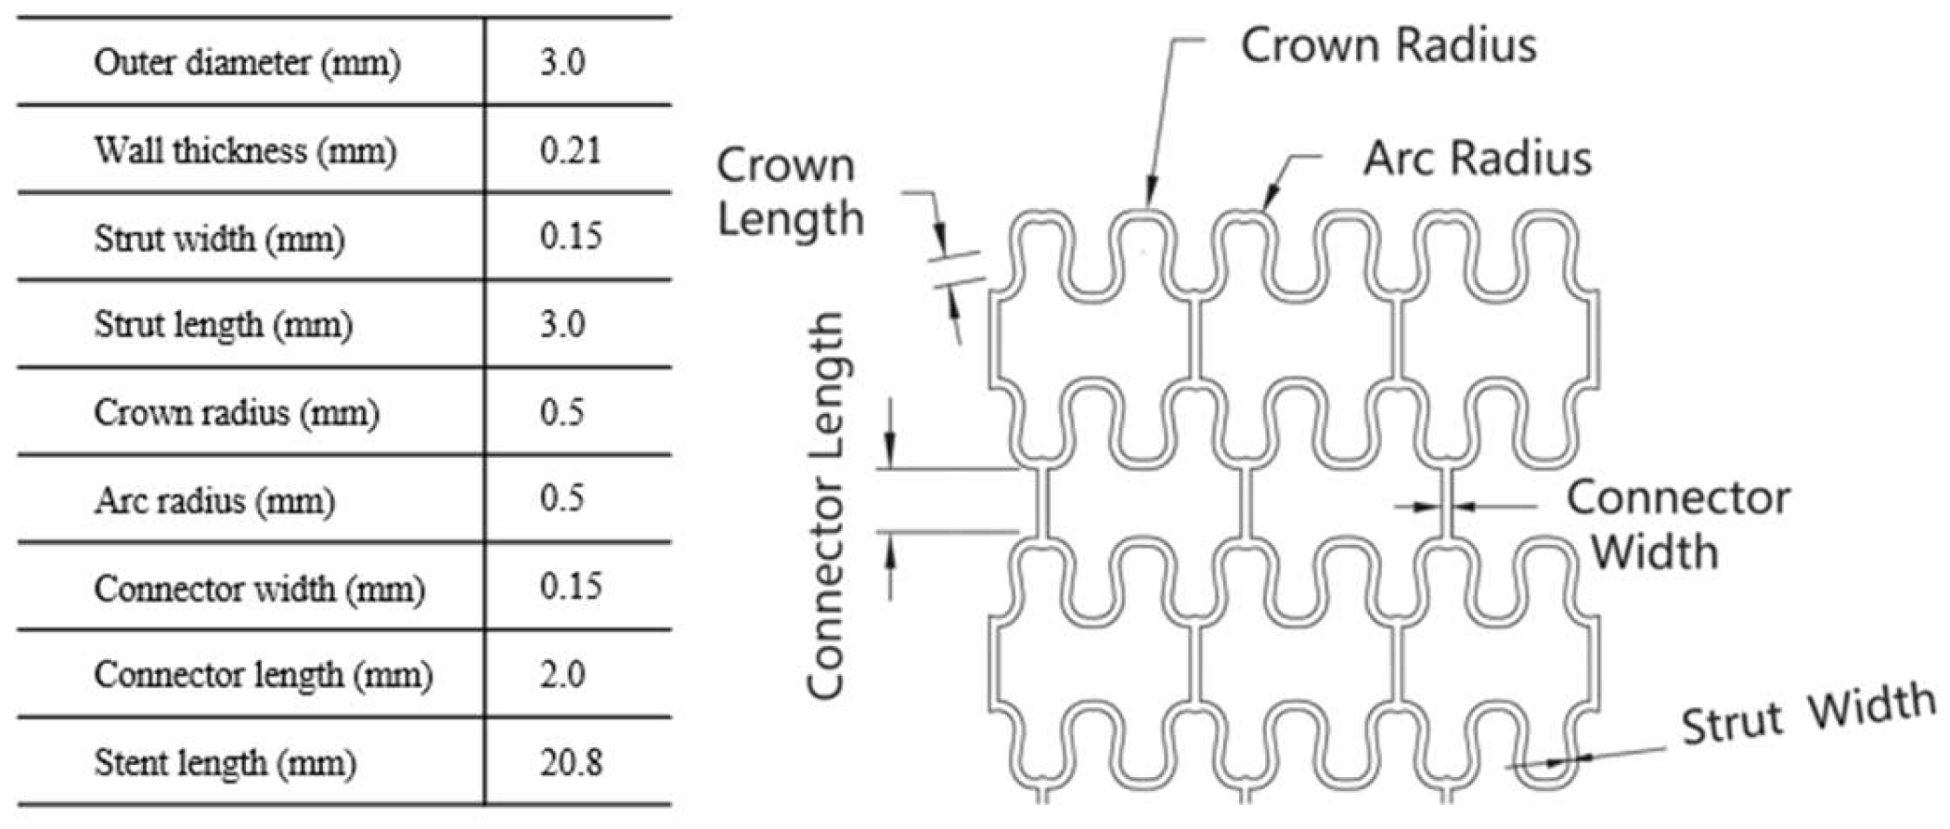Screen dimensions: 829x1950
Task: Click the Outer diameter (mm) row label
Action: [247, 62]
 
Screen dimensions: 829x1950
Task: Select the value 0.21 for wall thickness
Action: [570, 149]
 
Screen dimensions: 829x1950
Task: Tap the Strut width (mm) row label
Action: [219, 238]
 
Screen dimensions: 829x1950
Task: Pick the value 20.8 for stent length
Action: [570, 762]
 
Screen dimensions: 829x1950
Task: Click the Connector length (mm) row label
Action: [263, 675]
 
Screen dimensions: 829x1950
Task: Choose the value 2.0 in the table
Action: [562, 675]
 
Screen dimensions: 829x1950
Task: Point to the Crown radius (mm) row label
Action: [237, 412]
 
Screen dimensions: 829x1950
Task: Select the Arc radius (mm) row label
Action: [213, 500]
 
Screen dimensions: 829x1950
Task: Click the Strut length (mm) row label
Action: [223, 325]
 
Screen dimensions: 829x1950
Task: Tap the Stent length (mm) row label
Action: [225, 762]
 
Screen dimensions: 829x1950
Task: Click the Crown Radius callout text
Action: [1388, 45]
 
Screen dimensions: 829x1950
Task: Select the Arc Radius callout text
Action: [1477, 158]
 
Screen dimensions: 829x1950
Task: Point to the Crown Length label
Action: [789, 192]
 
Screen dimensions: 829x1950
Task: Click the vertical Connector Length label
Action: [824, 506]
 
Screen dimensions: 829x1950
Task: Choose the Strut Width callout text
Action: [1809, 714]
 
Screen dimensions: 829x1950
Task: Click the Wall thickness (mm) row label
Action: [245, 149]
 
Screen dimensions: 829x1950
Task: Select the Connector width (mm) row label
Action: [259, 588]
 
